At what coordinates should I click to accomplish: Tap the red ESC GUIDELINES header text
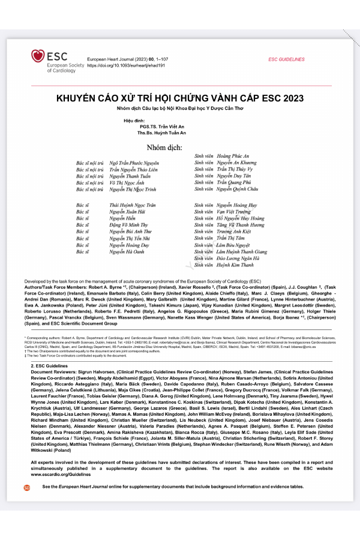pos(286,59)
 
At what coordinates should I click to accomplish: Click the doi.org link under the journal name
pos(118,66)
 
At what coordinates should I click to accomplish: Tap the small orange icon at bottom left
pos(26,488)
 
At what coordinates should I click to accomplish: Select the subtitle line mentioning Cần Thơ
pos(180,109)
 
